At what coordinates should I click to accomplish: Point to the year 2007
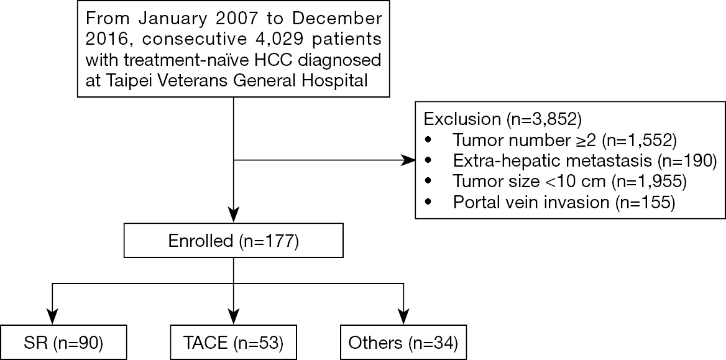click(x=208, y=19)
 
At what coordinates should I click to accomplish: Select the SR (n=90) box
click(x=63, y=343)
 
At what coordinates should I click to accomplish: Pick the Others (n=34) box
click(x=403, y=343)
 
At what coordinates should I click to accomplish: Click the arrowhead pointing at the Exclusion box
click(x=408, y=161)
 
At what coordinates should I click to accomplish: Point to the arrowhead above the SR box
click(x=52, y=318)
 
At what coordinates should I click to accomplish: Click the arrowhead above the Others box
click(x=403, y=318)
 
